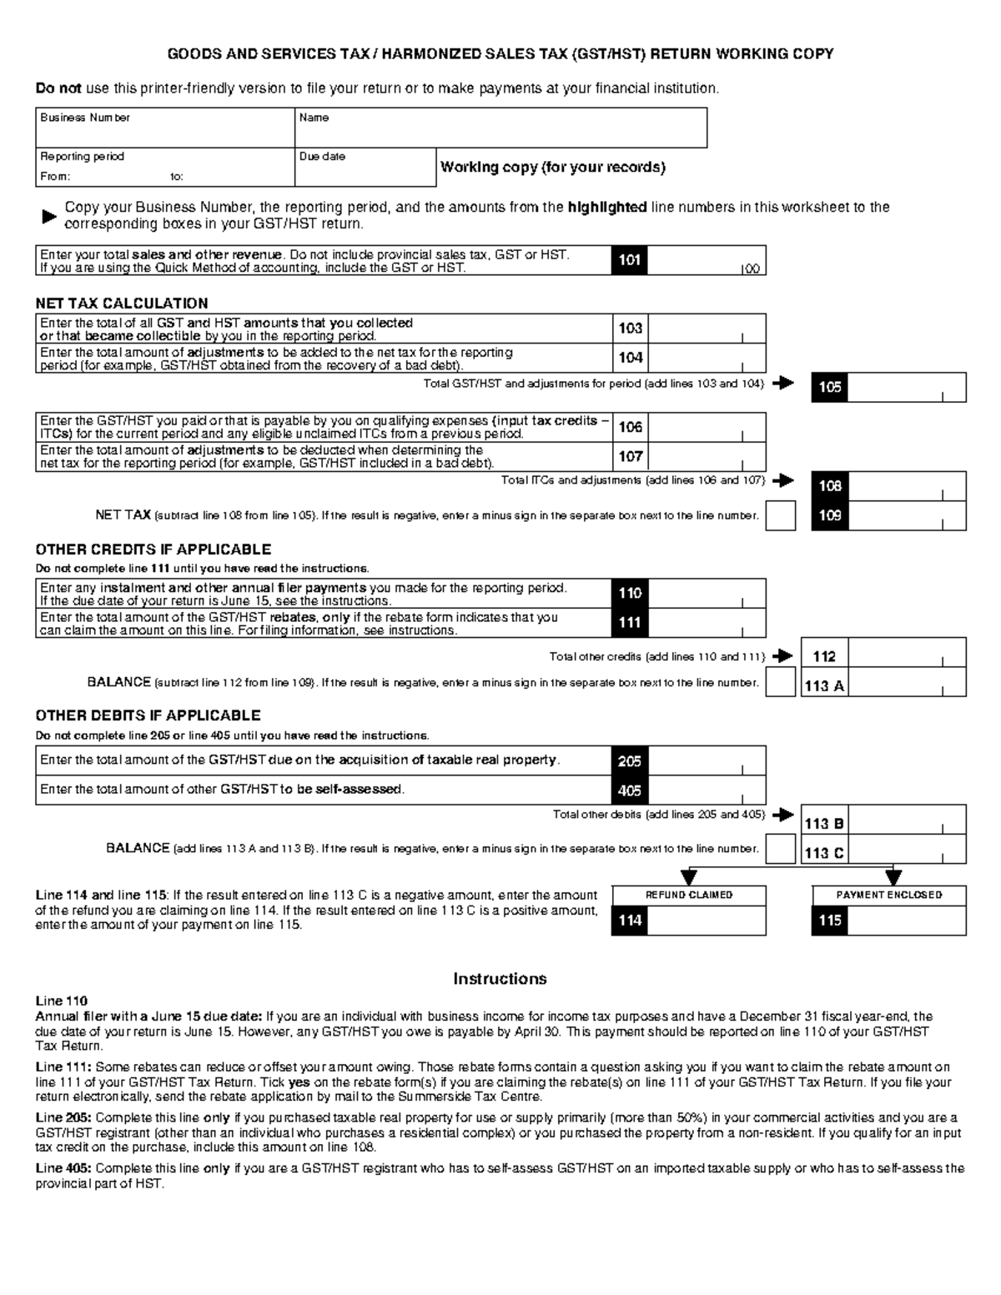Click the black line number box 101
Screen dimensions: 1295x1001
(x=629, y=260)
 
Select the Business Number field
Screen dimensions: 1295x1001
(x=164, y=128)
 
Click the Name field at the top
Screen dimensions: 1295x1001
(x=500, y=128)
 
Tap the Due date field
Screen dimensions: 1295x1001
(x=365, y=168)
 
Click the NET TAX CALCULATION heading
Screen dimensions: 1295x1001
(x=122, y=304)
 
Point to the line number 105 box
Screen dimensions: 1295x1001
(x=829, y=388)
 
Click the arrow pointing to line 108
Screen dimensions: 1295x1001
(x=782, y=481)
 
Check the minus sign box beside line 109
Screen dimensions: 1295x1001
(x=780, y=515)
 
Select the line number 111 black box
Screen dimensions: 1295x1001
(x=629, y=623)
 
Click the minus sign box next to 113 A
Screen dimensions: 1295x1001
(x=780, y=683)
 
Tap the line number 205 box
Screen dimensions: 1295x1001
(x=629, y=761)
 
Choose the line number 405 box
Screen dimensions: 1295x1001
(x=629, y=791)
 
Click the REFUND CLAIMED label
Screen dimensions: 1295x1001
(x=688, y=895)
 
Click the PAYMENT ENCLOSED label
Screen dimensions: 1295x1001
(x=888, y=895)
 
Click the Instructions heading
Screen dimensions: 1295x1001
(x=500, y=979)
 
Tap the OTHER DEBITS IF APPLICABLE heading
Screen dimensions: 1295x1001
(x=148, y=715)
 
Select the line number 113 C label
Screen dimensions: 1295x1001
(x=823, y=853)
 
